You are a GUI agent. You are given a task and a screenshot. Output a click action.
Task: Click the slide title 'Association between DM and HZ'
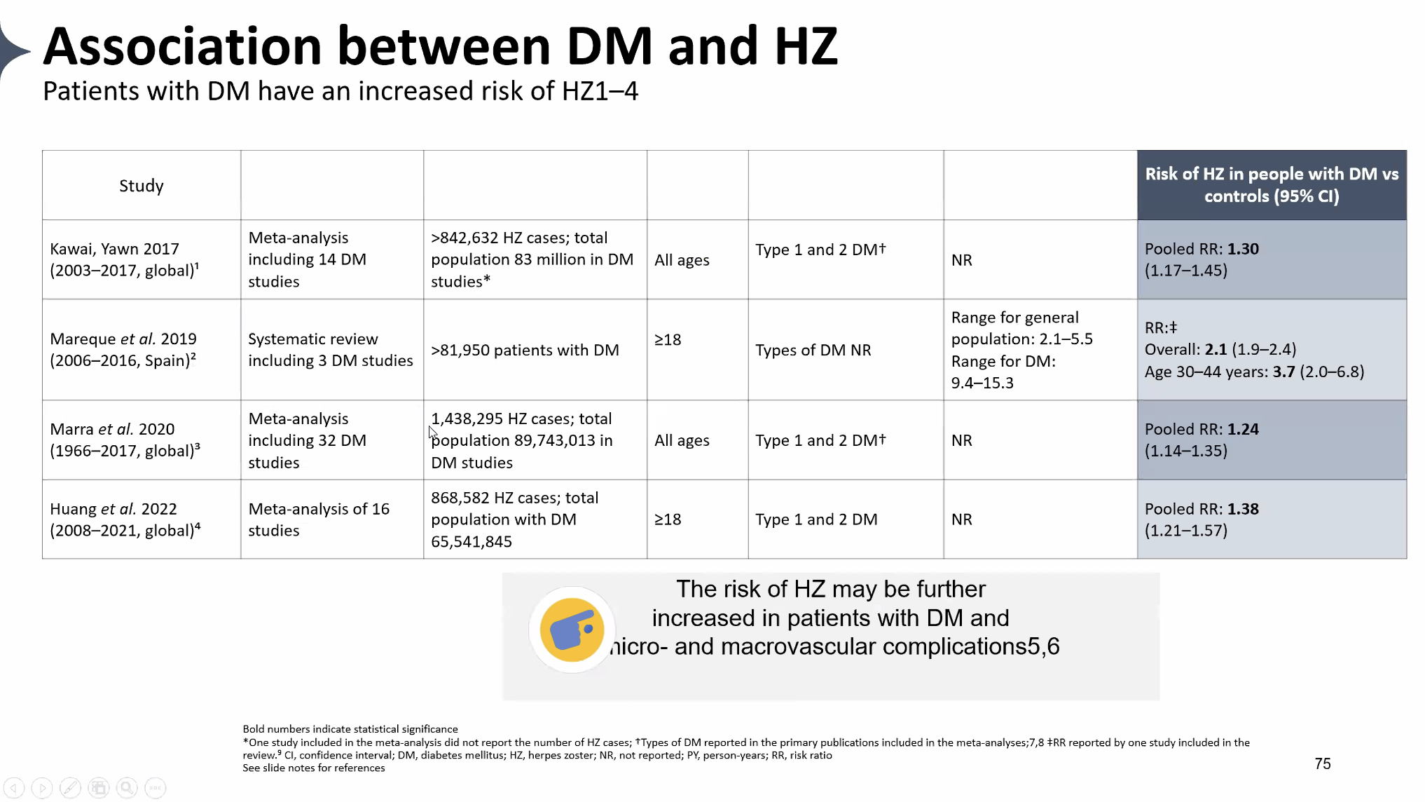click(440, 46)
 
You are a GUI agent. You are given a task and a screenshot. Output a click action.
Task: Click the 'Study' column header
click(141, 186)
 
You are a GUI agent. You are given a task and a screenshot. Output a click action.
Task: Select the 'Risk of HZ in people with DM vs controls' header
click(1271, 185)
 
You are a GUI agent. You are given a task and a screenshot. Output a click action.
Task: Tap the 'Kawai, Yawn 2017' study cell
click(124, 259)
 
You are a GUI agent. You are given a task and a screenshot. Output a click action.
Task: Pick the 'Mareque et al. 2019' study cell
click(123, 349)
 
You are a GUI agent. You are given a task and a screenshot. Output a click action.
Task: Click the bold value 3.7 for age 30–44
click(1283, 372)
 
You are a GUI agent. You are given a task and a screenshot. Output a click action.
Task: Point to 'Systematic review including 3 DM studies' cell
click(330, 349)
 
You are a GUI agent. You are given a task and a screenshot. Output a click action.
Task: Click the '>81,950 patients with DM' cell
click(525, 350)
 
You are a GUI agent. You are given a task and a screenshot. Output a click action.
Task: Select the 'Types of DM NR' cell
click(813, 350)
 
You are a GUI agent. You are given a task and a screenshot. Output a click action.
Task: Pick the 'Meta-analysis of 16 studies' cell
click(318, 519)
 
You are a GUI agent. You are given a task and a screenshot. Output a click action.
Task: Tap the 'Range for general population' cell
click(1021, 349)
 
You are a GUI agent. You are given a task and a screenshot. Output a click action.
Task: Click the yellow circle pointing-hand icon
click(572, 630)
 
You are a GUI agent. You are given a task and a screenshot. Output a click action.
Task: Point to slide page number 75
click(1322, 763)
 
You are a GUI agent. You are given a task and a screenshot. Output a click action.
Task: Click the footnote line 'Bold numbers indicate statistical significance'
click(350, 729)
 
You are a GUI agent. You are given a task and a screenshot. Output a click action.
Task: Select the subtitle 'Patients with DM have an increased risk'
click(340, 91)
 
